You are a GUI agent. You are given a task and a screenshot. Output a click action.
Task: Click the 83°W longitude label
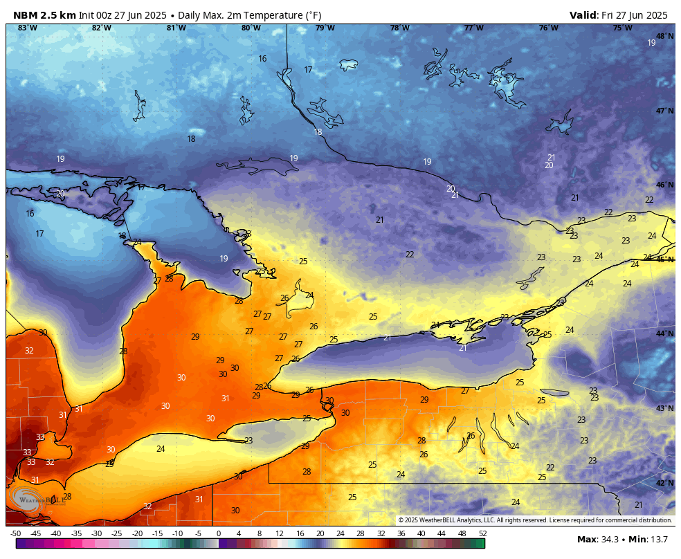pyautogui.click(x=27, y=28)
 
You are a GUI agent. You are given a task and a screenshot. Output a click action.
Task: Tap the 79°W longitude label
pyautogui.click(x=325, y=28)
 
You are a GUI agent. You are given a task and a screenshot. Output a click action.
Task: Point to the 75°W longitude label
pyautogui.click(x=622, y=28)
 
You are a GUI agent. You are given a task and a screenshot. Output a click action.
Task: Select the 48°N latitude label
pyautogui.click(x=664, y=37)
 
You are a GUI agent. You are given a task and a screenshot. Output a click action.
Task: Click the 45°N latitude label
pyautogui.click(x=664, y=259)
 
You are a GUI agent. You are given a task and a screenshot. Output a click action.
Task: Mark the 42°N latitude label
pyautogui.click(x=664, y=483)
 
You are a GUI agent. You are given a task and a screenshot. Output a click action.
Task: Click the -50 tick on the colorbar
pyautogui.click(x=15, y=533)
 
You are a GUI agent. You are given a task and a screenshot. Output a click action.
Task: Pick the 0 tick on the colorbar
pyautogui.click(x=219, y=533)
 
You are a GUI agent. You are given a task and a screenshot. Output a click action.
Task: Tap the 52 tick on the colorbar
pyautogui.click(x=482, y=533)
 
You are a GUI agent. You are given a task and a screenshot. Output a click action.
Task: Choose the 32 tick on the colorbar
pyautogui.click(x=381, y=533)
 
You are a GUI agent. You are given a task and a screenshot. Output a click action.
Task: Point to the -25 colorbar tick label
pyautogui.click(x=117, y=533)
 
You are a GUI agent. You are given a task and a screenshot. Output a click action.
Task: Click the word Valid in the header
pyautogui.click(x=583, y=15)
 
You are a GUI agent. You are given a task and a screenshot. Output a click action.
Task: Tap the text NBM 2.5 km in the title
pyautogui.click(x=44, y=15)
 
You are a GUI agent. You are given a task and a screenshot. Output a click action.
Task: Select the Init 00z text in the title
pyautogui.click(x=98, y=15)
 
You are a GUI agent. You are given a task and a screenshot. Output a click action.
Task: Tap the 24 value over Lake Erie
pyautogui.click(x=161, y=449)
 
